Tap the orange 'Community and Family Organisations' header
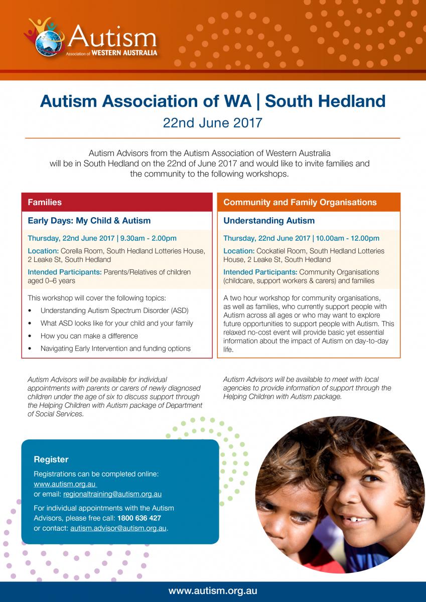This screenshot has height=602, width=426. (x=309, y=202)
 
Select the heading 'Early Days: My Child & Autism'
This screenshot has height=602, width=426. (x=89, y=220)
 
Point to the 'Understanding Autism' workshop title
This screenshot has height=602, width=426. (x=269, y=220)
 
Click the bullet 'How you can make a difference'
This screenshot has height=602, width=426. (x=89, y=336)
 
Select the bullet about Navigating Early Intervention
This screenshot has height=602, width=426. (x=115, y=348)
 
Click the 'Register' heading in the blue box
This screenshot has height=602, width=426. (x=51, y=459)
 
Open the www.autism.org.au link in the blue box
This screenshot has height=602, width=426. (x=65, y=484)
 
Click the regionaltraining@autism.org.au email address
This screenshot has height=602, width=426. (x=112, y=494)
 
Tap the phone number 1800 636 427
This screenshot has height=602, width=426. (x=139, y=518)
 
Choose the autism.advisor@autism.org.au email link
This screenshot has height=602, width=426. (x=118, y=528)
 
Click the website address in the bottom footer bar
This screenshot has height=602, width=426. (x=213, y=590)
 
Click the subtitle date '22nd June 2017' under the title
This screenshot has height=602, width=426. (x=213, y=122)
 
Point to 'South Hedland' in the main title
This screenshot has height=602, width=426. (x=325, y=101)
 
